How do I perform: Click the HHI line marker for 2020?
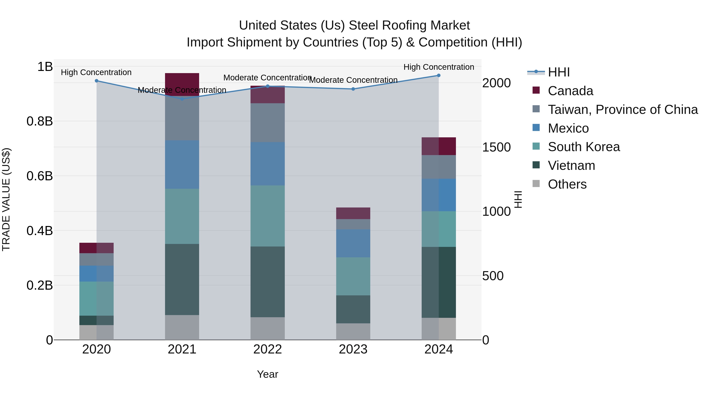coord(96,81)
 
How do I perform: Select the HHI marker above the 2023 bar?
coord(353,89)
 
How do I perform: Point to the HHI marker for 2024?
coord(439,75)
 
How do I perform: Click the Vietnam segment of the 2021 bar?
coord(182,279)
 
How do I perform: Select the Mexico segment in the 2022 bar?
coord(267,164)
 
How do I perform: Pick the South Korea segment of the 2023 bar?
coord(353,276)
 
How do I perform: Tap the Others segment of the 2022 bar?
coord(267,328)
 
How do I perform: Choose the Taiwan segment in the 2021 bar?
coord(182,118)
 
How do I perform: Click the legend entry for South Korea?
coord(584,147)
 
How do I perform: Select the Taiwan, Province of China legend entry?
coord(623,110)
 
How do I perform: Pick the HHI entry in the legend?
coord(559,72)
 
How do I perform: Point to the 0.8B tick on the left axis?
coord(39,121)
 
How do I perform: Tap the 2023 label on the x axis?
coord(353,349)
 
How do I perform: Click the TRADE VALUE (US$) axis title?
coord(6,199)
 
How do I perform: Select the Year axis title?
coord(267,374)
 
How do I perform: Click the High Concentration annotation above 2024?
coord(439,67)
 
